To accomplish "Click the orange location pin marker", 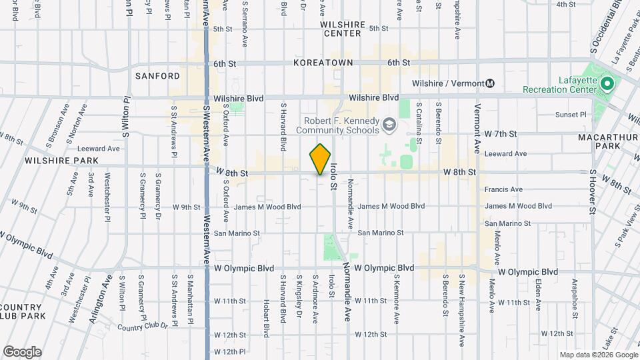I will (x=320, y=160).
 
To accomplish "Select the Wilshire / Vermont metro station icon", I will (x=490, y=83).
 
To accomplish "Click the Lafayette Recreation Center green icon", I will (x=607, y=84).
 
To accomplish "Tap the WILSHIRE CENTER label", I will (x=343, y=29).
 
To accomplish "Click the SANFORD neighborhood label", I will (x=157, y=76).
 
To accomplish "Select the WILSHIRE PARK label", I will (x=61, y=161).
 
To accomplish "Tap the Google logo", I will (x=22, y=351).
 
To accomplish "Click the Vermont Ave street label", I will (x=477, y=117).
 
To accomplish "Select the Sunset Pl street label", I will (x=570, y=115).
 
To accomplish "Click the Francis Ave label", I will (x=503, y=189).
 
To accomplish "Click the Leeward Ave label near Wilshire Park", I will (x=98, y=149).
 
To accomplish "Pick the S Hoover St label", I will (x=592, y=191).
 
